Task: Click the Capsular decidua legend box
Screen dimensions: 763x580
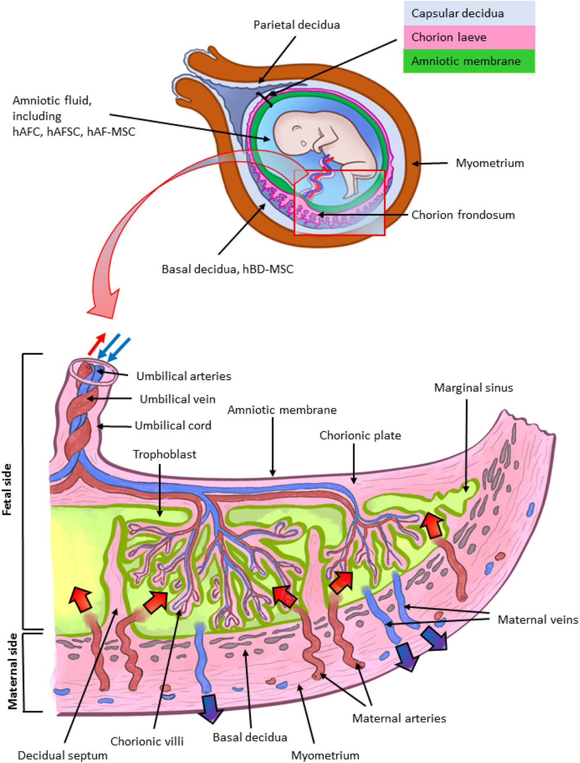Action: pyautogui.click(x=469, y=13)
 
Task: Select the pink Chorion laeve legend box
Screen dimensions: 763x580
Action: pyautogui.click(x=469, y=37)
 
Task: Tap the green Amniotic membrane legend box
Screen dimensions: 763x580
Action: pyautogui.click(x=469, y=61)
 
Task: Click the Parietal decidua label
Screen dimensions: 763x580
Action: pyautogui.click(x=296, y=25)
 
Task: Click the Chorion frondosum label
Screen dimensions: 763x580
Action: pyautogui.click(x=463, y=215)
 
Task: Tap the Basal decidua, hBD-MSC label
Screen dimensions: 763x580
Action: pyautogui.click(x=227, y=269)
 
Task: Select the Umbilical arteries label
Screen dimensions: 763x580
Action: pyautogui.click(x=183, y=376)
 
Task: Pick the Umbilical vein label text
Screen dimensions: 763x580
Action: pyautogui.click(x=177, y=399)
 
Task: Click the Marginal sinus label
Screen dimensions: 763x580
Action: pyautogui.click(x=473, y=388)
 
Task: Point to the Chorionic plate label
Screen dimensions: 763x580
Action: pyautogui.click(x=360, y=435)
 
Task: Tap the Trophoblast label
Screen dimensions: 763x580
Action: pyautogui.click(x=164, y=454)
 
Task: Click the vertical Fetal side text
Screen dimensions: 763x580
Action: pyautogui.click(x=7, y=489)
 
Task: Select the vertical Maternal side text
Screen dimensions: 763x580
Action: pyautogui.click(x=13, y=671)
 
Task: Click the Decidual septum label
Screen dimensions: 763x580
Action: pyautogui.click(x=62, y=755)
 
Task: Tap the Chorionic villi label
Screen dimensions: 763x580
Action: pyautogui.click(x=147, y=741)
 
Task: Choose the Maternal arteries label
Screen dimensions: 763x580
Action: pyautogui.click(x=399, y=719)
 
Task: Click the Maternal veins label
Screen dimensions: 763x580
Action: pyautogui.click(x=537, y=619)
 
